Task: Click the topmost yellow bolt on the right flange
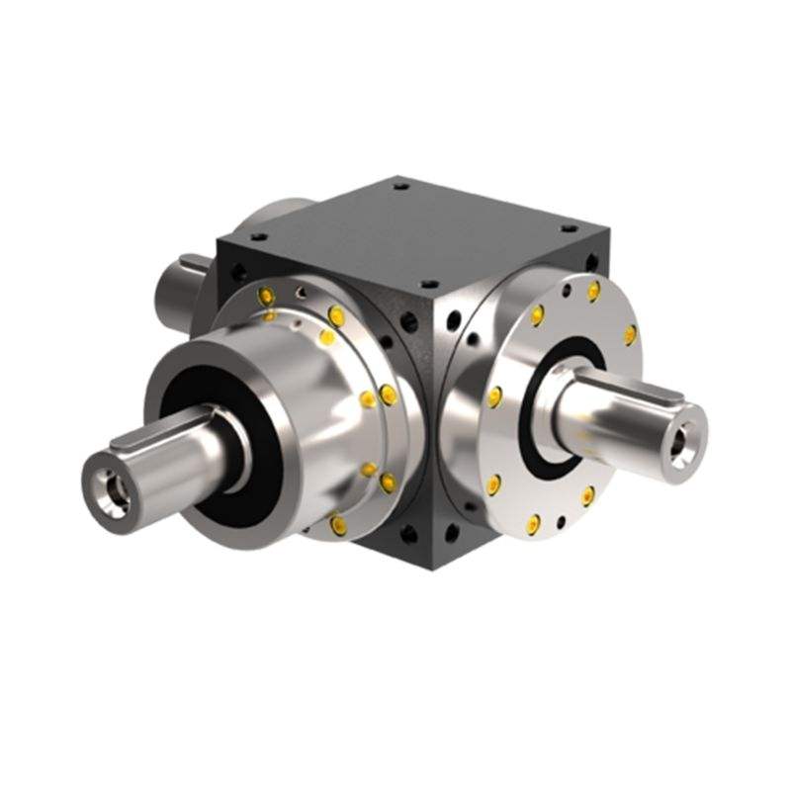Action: pos(593,291)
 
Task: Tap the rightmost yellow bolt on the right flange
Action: pos(629,335)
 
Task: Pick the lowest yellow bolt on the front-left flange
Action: pos(339,525)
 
